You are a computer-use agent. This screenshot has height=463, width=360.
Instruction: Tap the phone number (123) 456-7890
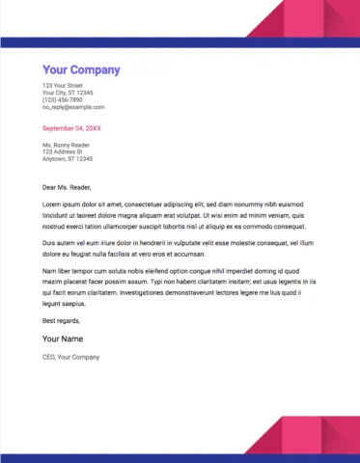[63, 99]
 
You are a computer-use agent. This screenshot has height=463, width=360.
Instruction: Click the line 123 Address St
[63, 151]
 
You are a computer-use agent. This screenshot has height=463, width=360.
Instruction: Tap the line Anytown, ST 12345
[69, 158]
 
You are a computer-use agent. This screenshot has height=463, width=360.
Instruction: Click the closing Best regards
[62, 319]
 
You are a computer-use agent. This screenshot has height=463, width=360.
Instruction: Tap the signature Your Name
[65, 339]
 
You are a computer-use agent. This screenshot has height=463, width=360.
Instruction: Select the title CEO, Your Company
[71, 358]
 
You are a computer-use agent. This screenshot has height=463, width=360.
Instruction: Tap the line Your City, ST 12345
[69, 93]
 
